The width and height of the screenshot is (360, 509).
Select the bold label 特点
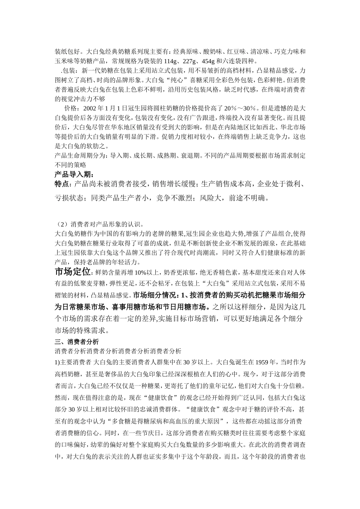click(62, 184)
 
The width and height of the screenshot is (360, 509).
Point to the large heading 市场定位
click(72, 272)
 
